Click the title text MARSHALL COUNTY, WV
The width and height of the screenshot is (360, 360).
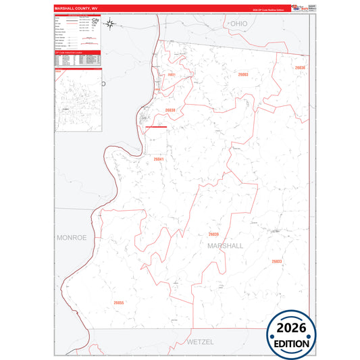pyautogui.click(x=72, y=9)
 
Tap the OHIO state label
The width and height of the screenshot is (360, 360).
pyautogui.click(x=238, y=23)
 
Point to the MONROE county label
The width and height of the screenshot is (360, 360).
pyautogui.click(x=72, y=238)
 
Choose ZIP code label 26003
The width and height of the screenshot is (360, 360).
pyautogui.click(x=243, y=74)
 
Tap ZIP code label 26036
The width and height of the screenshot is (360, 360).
pyautogui.click(x=300, y=68)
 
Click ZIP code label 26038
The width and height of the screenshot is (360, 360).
pyautogui.click(x=170, y=110)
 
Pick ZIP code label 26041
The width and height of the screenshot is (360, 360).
pyautogui.click(x=159, y=159)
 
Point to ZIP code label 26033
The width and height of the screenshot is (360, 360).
pyautogui.click(x=276, y=261)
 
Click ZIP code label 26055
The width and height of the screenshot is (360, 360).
pyautogui.click(x=119, y=303)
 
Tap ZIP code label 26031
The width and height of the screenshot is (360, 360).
pyautogui.click(x=172, y=74)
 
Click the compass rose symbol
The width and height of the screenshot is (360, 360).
pyautogui.click(x=96, y=24)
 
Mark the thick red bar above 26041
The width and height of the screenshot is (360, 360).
pyautogui.click(x=155, y=126)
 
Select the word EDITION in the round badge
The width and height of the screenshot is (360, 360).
pyautogui.click(x=291, y=343)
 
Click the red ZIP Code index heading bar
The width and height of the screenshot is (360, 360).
pyautogui.click(x=77, y=51)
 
